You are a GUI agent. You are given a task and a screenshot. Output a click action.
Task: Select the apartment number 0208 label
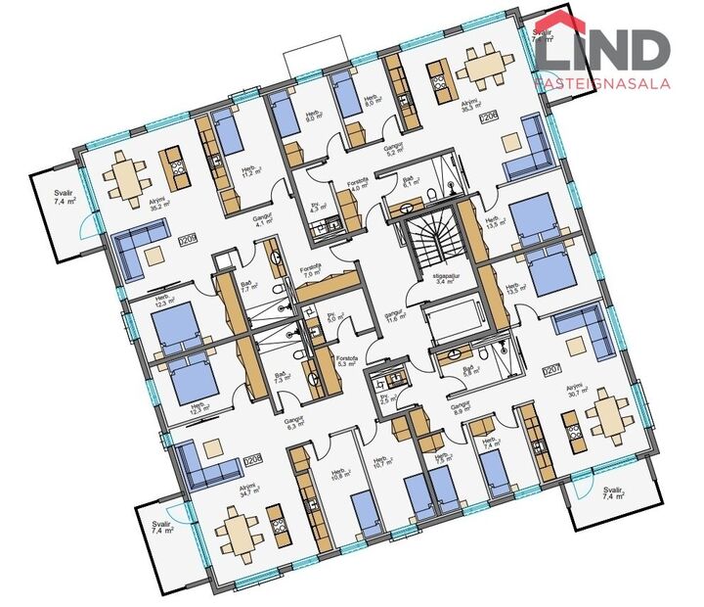pyautogui.click(x=254, y=458)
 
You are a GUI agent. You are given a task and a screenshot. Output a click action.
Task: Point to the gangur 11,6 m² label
pyautogui.click(x=395, y=315)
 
